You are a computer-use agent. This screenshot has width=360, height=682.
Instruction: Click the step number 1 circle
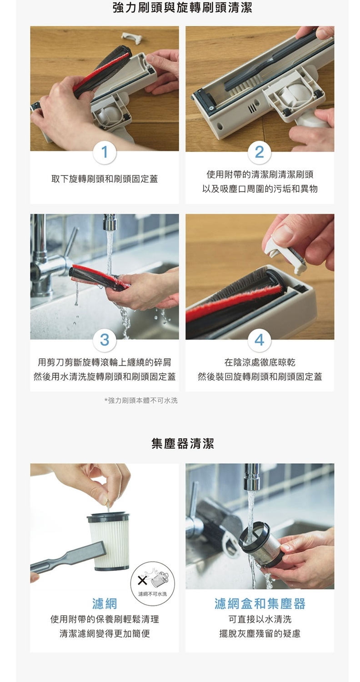pos(105,151)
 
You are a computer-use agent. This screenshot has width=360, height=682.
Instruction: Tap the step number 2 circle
pos(259,151)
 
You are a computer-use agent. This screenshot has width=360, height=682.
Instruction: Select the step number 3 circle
pos(105,339)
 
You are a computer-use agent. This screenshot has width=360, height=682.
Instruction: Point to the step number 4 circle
pos(259,339)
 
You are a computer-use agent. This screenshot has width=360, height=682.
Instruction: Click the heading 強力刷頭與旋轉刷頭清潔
pos(183,8)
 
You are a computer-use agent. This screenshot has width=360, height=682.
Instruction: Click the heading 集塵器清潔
pos(183,444)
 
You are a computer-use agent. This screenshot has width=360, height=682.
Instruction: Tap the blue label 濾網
pos(105,603)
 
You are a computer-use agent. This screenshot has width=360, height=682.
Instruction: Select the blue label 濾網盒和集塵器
pos(260,603)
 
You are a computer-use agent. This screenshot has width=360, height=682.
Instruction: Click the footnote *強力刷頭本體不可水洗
pos(141,401)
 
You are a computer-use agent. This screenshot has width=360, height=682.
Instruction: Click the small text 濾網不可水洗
pos(152,594)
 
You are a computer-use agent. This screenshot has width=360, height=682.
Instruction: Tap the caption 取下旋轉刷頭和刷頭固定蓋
pos(105,179)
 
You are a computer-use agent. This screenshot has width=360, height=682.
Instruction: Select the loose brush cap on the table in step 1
pos(132,37)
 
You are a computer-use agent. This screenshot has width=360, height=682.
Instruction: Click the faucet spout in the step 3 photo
pos(109,222)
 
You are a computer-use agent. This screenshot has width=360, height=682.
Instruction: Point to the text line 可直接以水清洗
pos(260,619)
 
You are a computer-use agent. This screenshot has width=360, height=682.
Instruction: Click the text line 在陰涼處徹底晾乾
pos(260,362)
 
